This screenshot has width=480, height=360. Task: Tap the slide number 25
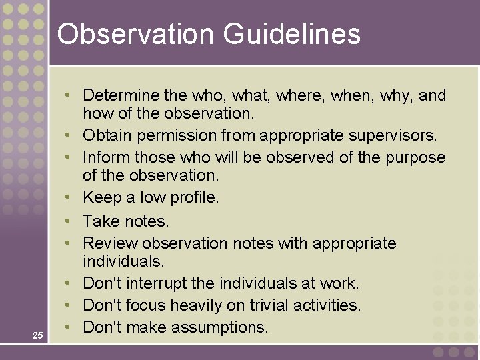(37, 335)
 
